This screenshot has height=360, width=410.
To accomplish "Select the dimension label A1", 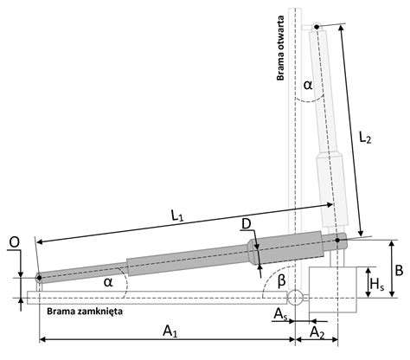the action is click(x=170, y=331).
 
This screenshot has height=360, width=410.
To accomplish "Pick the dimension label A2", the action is click(x=317, y=332).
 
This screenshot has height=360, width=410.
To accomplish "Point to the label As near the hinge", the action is click(x=280, y=314).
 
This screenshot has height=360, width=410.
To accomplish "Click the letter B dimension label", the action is click(x=399, y=271).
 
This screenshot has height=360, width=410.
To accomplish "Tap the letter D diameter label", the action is click(x=247, y=224).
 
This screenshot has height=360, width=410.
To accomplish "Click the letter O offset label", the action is click(x=14, y=242).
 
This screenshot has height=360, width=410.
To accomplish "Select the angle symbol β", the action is click(x=281, y=280).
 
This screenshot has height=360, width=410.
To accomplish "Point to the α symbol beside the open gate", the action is click(x=308, y=85).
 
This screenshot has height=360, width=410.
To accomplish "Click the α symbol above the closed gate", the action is click(x=108, y=282).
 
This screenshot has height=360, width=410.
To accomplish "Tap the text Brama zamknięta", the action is click(x=85, y=312).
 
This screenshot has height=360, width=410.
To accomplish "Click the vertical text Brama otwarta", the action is click(x=280, y=48).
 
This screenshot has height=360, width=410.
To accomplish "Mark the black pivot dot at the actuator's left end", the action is click(x=39, y=278).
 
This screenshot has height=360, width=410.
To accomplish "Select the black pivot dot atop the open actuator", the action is click(x=317, y=27).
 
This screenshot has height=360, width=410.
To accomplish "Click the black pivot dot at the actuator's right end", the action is click(x=337, y=240).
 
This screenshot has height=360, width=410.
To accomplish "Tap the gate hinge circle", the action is click(x=295, y=298).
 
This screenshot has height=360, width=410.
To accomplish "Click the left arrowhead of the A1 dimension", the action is click(x=42, y=339).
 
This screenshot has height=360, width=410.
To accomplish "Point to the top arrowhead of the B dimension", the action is click(x=392, y=243).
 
